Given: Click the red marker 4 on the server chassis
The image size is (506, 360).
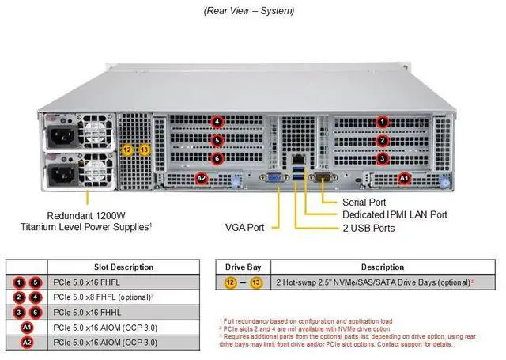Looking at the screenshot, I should tap(217, 122).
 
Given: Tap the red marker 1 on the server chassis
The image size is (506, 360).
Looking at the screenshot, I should tap(382, 122).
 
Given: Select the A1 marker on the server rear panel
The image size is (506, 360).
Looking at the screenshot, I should tap(404, 179).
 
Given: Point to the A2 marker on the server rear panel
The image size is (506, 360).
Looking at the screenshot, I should tap(201, 179).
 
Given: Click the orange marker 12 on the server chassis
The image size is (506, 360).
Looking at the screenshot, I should tap(128, 150).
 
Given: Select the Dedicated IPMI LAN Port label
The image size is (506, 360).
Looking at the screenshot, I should tap(395, 214).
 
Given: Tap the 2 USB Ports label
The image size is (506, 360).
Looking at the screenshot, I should tap(369, 228).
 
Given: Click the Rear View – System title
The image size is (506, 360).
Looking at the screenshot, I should tap(248, 10).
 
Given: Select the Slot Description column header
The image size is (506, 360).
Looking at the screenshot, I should tap(124, 267).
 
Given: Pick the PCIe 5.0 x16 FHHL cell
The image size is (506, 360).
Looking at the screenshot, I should tap(93, 312).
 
